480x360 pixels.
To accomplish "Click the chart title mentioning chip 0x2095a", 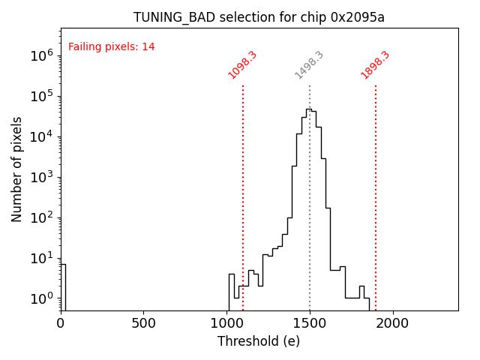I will click(259, 17).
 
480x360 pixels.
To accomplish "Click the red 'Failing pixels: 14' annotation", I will click(112, 47).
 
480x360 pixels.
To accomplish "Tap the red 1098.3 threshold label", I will click(243, 65).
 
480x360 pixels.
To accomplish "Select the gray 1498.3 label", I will click(309, 65).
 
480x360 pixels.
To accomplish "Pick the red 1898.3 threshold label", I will click(376, 65).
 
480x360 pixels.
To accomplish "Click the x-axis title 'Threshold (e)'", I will click(259, 341).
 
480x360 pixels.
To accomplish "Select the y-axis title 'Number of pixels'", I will click(17, 169).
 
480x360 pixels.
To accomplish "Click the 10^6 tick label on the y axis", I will click(42, 55).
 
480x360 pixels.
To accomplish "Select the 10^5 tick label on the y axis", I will click(42, 96).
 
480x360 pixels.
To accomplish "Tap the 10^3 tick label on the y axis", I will click(42, 177).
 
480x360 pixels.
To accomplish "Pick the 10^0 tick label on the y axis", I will click(42, 298).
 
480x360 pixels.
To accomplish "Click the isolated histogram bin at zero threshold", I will click(63, 289).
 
